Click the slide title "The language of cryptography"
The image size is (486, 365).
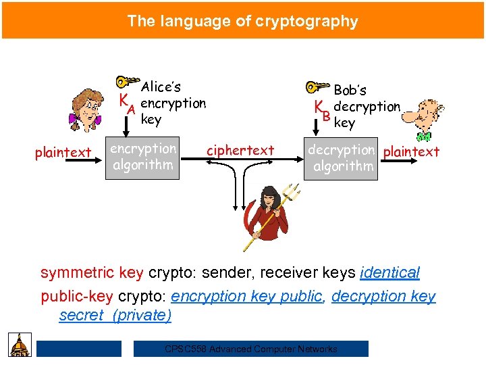pos(243,21)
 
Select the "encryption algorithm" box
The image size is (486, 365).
pos(142,157)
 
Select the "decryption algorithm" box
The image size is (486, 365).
pos(341,158)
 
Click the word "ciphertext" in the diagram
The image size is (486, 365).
pos(240,150)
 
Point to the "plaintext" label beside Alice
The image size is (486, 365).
pos(63,152)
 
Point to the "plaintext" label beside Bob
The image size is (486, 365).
pos(411,151)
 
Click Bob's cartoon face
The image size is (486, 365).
pos(423,115)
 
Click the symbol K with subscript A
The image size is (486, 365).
pos(127,103)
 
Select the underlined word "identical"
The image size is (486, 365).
pos(390,273)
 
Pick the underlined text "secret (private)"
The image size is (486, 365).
pos(115,315)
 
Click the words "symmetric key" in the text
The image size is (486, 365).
pos(92,273)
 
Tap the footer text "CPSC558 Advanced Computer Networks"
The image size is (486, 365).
pos(251,349)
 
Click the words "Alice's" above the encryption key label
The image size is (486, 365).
pos(161,87)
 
